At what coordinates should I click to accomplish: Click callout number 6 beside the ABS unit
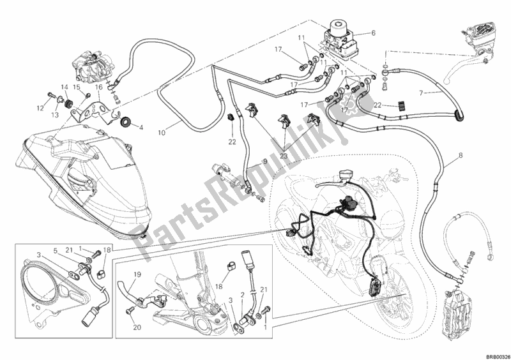pos(374,33)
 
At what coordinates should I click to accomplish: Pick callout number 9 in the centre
pos(261,164)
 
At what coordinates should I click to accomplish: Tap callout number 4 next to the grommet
pos(140,127)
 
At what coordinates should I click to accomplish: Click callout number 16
pos(99,87)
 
